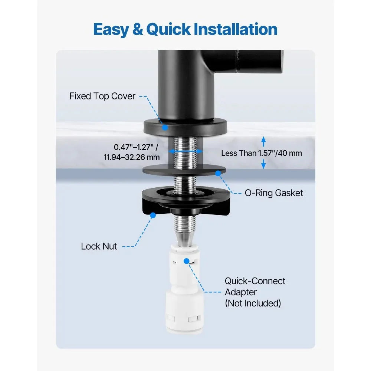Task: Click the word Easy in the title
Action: (111, 30)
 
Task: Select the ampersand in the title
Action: (138, 29)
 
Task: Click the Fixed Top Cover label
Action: (102, 96)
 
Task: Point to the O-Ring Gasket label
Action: (274, 193)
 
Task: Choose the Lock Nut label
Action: (99, 246)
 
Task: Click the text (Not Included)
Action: (253, 303)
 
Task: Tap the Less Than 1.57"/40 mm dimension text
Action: (262, 153)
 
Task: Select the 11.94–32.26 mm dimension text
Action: (132, 157)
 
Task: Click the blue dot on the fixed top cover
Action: (165, 128)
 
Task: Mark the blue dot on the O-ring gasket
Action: (218, 173)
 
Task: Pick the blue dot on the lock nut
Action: (153, 215)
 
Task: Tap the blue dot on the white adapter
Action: (187, 261)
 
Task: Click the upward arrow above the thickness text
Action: (263, 142)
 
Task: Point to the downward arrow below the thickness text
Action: (263, 164)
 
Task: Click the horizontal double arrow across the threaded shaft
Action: (185, 151)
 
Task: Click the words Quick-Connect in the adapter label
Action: (255, 281)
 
